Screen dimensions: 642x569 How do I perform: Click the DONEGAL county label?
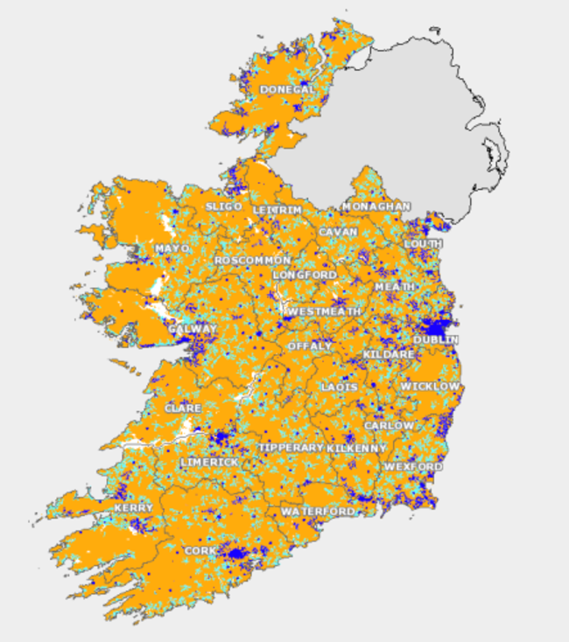tap(287, 89)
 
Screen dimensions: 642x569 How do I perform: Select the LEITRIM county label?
tap(277, 211)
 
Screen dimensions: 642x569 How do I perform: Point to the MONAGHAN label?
tap(376, 206)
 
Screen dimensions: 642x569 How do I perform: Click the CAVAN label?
tap(339, 232)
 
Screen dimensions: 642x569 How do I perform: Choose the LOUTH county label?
tap(424, 243)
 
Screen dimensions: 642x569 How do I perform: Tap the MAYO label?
tap(172, 248)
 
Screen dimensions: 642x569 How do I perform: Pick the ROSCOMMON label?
tap(252, 261)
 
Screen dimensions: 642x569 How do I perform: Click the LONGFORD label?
tap(305, 275)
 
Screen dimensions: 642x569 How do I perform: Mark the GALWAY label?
tap(193, 330)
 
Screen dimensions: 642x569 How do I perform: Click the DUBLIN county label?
tap(436, 339)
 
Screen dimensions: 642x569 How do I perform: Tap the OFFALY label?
tap(310, 345)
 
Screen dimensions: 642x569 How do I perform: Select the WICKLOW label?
tap(430, 386)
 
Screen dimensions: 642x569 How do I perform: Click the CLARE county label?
tap(183, 408)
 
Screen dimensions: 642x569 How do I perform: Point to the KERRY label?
tap(133, 507)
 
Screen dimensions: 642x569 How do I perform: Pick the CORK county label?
tap(200, 550)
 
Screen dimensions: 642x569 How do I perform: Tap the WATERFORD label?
tap(318, 510)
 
